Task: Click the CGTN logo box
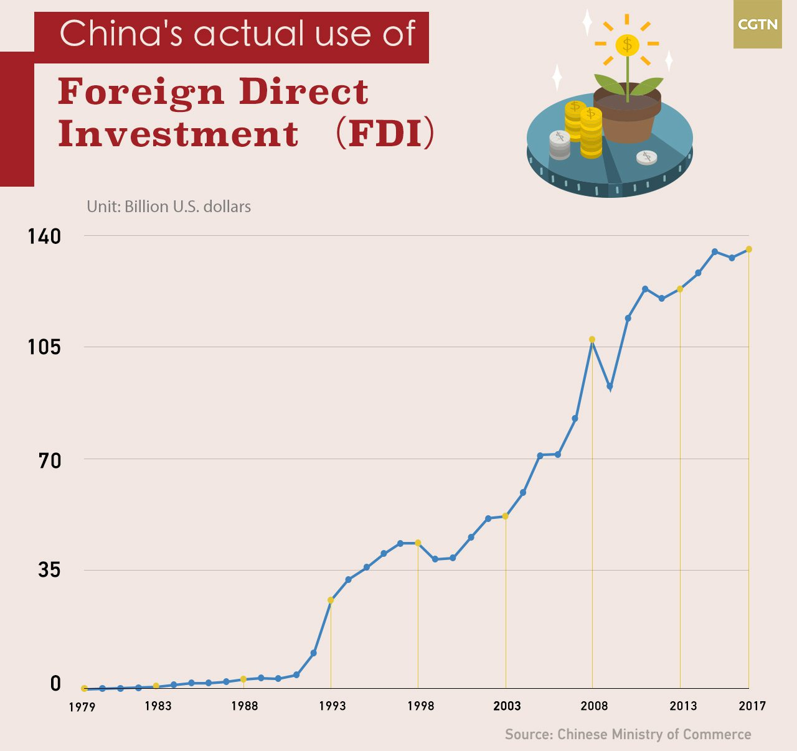(757, 24)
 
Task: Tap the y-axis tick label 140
(44, 236)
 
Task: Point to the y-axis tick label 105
(44, 347)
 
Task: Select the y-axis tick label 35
(49, 570)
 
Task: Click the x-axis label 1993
(332, 706)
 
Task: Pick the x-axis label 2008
(594, 706)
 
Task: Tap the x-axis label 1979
(82, 707)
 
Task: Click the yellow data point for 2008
(592, 340)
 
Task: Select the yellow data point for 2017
(749, 249)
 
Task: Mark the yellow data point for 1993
(331, 600)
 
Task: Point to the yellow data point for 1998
(418, 543)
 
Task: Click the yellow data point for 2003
(506, 516)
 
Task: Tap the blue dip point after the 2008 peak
(610, 387)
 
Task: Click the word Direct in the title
(303, 91)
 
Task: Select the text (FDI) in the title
(385, 133)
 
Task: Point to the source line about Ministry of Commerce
(628, 735)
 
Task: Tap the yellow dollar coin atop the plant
(627, 45)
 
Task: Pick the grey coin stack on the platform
(559, 146)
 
